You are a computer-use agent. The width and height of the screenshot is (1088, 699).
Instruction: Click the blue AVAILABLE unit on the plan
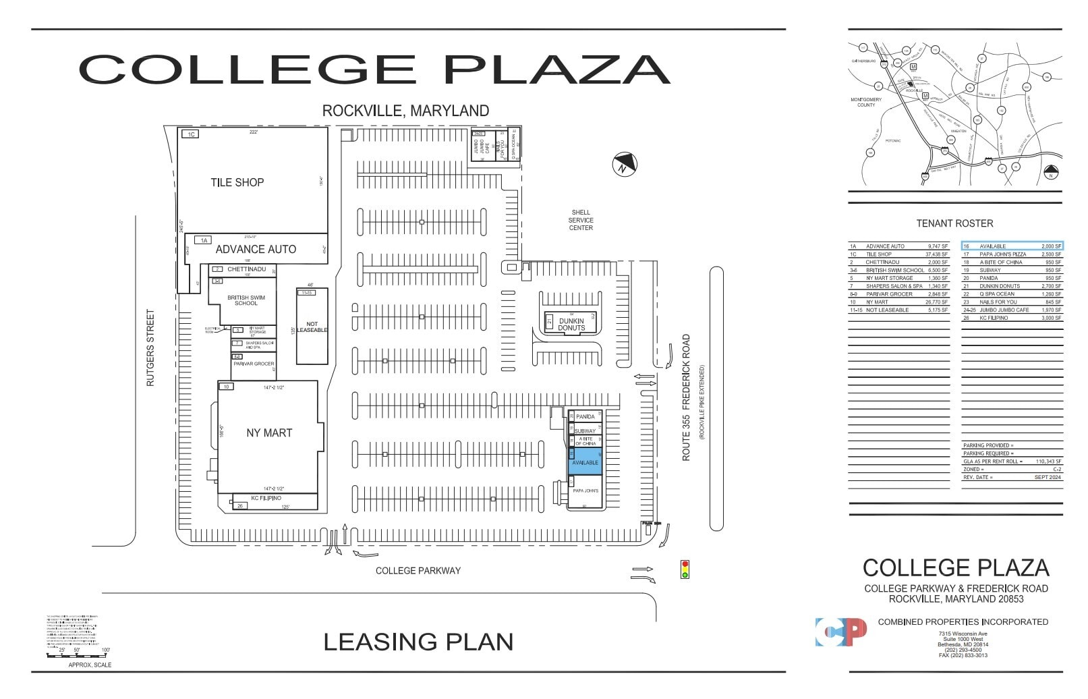tap(584, 462)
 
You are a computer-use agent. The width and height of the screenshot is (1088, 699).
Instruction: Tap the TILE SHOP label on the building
tap(237, 182)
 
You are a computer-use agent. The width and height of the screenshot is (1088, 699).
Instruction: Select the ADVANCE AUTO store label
tap(256, 249)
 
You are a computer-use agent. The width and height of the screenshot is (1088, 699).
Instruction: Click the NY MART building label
tap(269, 433)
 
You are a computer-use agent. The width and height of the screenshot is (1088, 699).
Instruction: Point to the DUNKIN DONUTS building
tap(571, 324)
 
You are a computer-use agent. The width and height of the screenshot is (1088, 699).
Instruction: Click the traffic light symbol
tap(685, 569)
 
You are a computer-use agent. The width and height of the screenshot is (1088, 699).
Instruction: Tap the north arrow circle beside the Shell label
tap(625, 165)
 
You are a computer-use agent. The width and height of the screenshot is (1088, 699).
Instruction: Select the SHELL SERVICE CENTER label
tap(580, 220)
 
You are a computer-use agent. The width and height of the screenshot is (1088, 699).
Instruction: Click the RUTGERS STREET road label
tap(150, 348)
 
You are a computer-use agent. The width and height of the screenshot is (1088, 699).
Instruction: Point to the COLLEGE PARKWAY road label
tap(418, 571)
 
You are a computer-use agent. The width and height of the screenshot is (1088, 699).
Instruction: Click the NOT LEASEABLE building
tap(312, 327)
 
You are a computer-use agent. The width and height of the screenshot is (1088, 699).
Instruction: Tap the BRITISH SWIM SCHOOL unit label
tap(246, 300)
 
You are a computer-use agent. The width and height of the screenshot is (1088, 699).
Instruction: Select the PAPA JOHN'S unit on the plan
tap(585, 491)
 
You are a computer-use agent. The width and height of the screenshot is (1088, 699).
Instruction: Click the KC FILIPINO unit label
tap(266, 498)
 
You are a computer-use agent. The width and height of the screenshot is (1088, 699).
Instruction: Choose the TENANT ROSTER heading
tap(954, 223)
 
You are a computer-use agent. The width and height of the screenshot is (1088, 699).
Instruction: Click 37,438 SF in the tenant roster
tap(937, 254)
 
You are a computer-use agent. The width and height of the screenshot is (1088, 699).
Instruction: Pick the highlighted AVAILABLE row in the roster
tap(1012, 246)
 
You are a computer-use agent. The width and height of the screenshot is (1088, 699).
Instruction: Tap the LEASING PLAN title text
tap(418, 642)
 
